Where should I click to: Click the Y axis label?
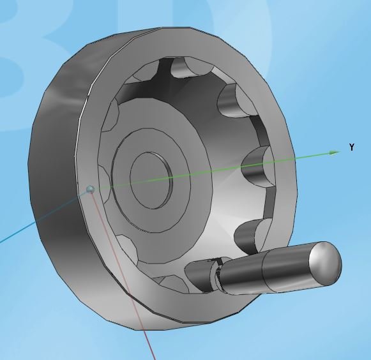click(352, 147)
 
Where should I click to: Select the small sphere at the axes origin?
click(90, 189)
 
